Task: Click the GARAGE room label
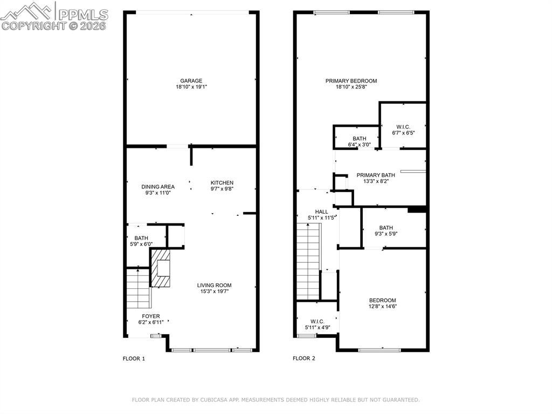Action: (191, 81)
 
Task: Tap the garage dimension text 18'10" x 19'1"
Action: (191, 87)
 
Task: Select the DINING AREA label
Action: (158, 187)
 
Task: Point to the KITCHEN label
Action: (222, 182)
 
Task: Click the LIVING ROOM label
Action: (214, 286)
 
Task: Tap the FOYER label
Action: (151, 316)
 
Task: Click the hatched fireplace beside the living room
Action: (161, 268)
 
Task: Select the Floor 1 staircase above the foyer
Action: (138, 288)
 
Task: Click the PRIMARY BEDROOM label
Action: (351, 81)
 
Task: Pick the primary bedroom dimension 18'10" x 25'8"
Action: (351, 87)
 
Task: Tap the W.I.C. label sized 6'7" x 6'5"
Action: (403, 127)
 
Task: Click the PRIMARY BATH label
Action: (376, 175)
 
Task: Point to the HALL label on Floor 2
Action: (321, 212)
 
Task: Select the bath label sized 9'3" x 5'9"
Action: (386, 228)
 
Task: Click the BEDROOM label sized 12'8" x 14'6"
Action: (382, 301)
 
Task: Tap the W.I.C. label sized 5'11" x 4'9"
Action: (317, 322)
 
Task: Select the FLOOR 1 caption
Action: (134, 358)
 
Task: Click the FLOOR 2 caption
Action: (304, 358)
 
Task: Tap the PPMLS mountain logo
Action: (27, 11)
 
